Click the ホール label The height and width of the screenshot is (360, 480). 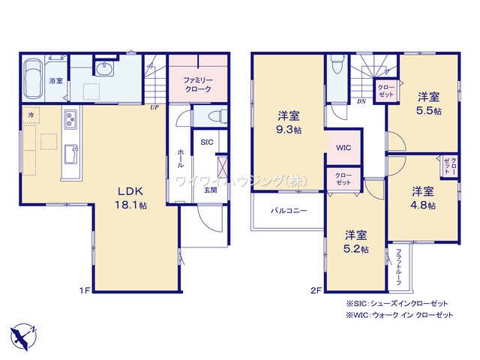[x=180, y=158]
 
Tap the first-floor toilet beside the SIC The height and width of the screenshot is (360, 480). [x=213, y=117]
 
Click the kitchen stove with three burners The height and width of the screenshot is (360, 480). [x=70, y=119]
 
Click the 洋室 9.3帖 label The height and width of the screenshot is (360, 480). [x=289, y=122]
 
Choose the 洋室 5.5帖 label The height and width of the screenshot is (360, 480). [x=428, y=103]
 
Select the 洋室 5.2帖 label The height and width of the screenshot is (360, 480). [x=356, y=241]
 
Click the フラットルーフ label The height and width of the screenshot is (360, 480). [x=399, y=265]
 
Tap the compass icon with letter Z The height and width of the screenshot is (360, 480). [x=22, y=334]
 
